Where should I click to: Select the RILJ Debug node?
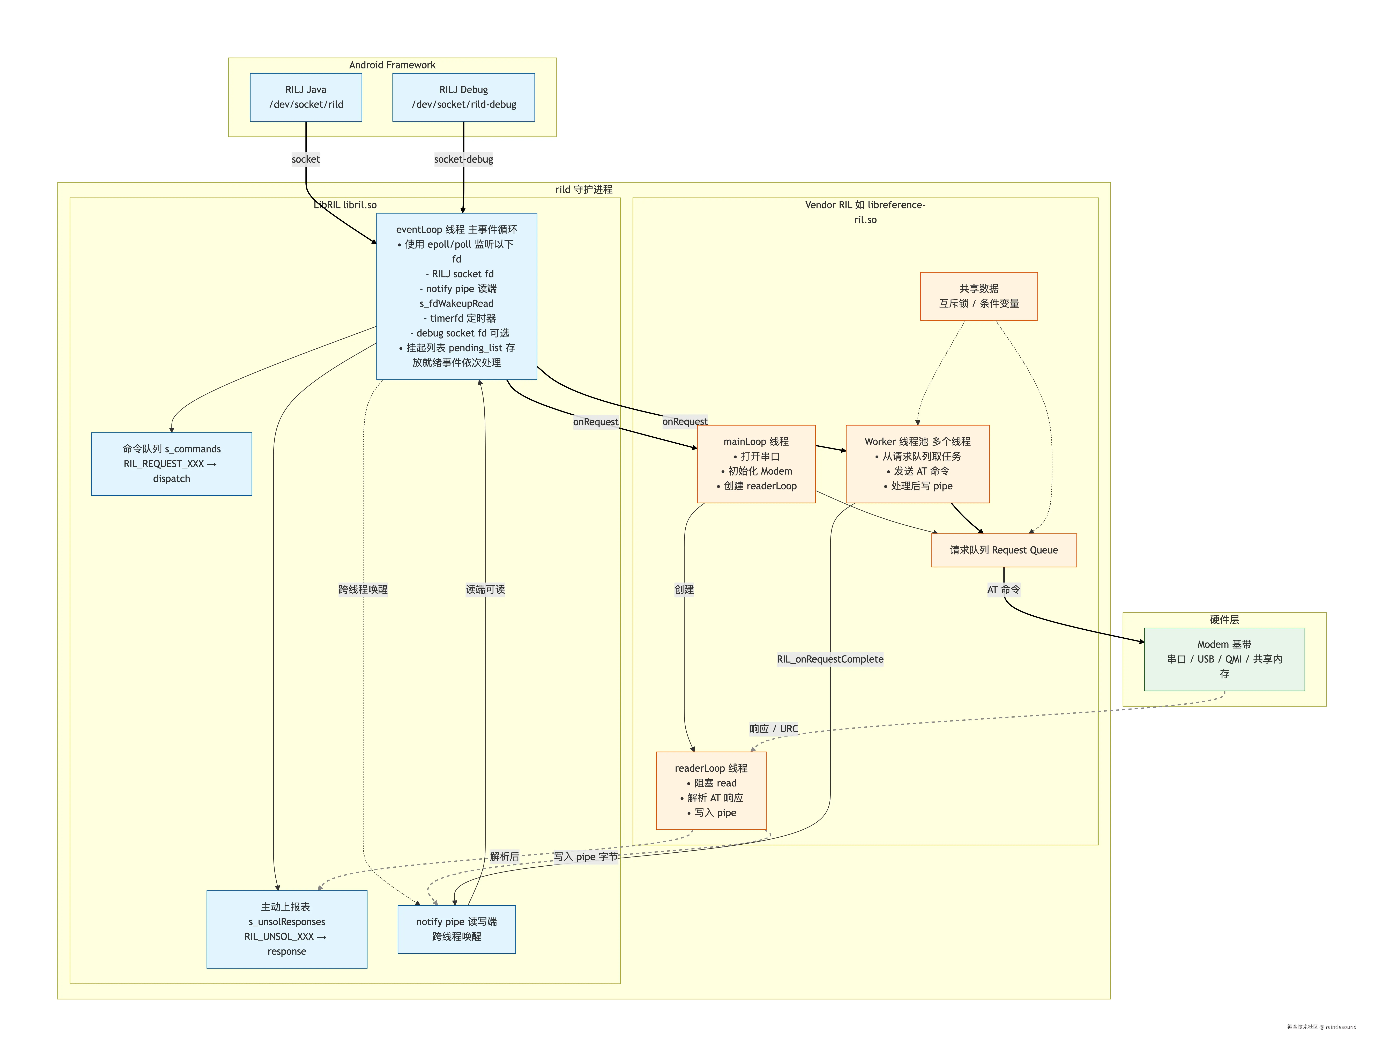(463, 97)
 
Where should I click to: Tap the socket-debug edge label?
(463, 159)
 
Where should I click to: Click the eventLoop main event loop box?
(456, 296)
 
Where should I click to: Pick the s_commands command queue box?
(172, 463)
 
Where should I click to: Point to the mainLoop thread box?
(756, 463)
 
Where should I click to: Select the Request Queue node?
(1003, 550)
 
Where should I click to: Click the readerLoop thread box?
(711, 790)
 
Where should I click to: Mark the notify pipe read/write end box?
(456, 929)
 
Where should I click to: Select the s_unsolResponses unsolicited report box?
(287, 929)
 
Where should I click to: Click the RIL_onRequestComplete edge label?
(830, 659)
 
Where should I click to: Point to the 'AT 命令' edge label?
(1003, 589)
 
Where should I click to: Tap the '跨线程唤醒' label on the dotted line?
(363, 589)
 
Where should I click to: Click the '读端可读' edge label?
(485, 589)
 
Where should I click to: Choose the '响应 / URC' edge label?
(774, 728)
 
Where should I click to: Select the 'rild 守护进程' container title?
(583, 189)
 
